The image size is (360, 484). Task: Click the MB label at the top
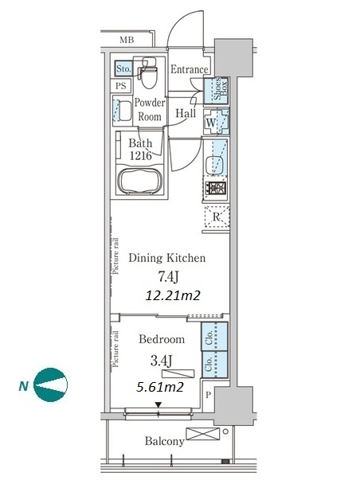127,40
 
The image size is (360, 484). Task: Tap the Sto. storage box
123,68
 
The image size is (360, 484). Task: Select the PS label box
121,85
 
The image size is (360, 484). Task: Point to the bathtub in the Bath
140,181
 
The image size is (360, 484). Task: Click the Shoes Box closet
216,90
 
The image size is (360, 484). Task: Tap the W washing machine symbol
216,122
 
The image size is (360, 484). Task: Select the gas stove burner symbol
216,188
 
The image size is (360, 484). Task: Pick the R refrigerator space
217,217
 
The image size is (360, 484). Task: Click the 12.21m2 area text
173,295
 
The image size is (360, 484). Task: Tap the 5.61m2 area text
160,387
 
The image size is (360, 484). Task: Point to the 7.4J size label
168,277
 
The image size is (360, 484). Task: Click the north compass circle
50,385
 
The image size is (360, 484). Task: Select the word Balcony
165,441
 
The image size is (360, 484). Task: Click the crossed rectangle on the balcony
203,434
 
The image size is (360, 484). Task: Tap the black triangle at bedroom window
158,404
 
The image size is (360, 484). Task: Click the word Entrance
190,69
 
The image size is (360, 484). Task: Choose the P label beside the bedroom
208,395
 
